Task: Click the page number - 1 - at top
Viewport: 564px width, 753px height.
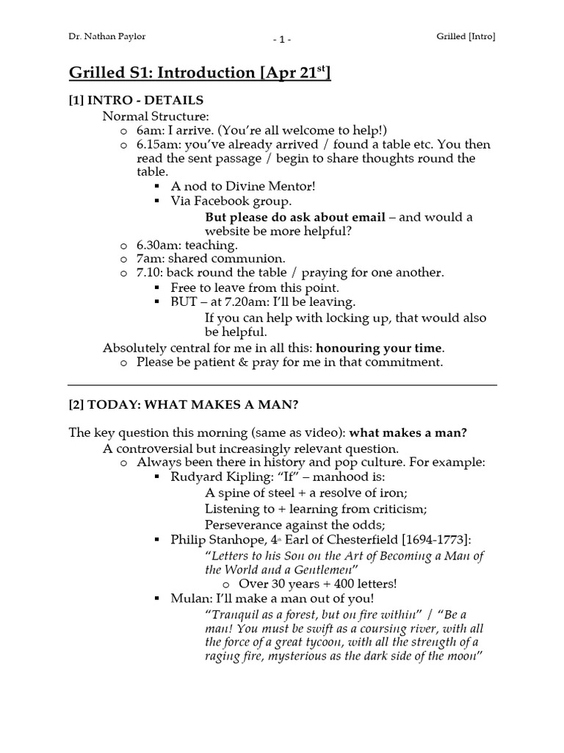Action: pyautogui.click(x=282, y=38)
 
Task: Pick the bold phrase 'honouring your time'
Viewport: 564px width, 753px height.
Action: pyautogui.click(x=380, y=347)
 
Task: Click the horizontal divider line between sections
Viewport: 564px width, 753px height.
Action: pyautogui.click(x=282, y=385)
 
